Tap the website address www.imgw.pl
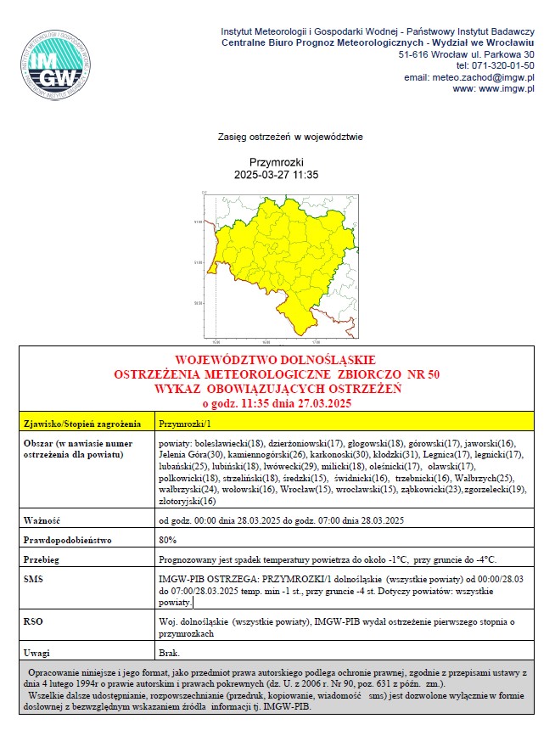pos(493,88)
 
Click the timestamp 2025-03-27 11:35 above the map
pos(276,175)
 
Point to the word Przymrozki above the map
pos(276,162)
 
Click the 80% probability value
pos(168,540)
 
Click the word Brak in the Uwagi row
pos(169,654)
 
